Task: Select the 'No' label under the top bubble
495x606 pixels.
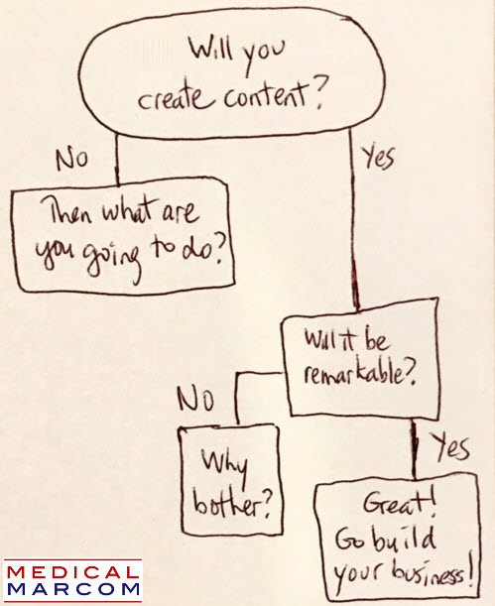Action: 71,159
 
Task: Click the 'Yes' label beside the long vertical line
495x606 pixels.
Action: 379,157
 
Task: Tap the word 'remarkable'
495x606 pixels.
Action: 353,373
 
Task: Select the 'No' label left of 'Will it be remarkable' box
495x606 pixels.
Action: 195,399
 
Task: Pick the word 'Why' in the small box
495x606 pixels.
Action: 225,465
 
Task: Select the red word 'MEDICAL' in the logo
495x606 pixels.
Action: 72,572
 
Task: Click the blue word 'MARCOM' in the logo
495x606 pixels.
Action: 72,589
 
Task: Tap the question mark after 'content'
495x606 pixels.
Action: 320,92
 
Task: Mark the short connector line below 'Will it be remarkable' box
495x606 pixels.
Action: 414,449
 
